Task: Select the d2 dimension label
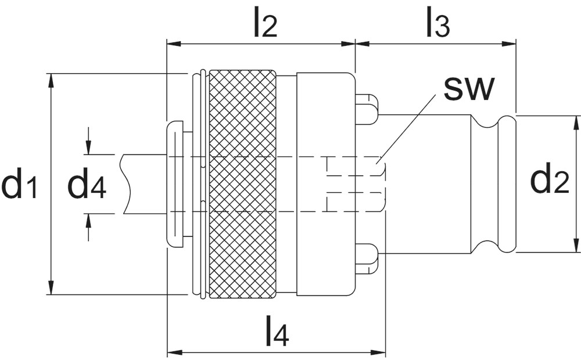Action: [x=549, y=181]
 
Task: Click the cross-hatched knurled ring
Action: [x=242, y=184]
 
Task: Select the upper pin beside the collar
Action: [x=367, y=109]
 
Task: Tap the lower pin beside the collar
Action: [x=367, y=258]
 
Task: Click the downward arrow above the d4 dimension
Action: [x=88, y=149]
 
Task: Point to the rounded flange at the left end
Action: [x=174, y=184]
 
